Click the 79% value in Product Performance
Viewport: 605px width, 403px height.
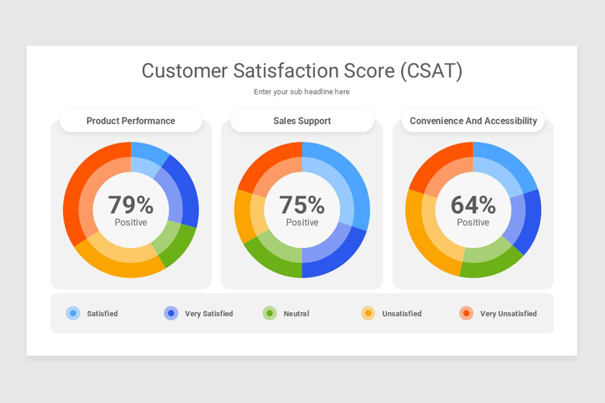(x=131, y=205)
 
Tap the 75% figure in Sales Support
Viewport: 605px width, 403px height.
(x=302, y=205)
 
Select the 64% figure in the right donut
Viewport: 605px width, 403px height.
(x=473, y=205)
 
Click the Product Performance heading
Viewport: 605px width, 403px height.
(x=131, y=121)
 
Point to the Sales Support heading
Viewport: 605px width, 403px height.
(x=302, y=121)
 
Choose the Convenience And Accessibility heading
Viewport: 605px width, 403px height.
(x=473, y=121)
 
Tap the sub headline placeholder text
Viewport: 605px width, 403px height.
(x=301, y=92)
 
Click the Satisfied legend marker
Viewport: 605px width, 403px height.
(x=73, y=313)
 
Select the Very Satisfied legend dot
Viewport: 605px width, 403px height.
(x=171, y=313)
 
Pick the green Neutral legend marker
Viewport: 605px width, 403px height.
(x=270, y=313)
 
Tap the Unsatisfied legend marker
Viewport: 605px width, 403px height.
(x=368, y=313)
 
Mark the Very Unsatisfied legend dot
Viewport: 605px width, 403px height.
(x=466, y=313)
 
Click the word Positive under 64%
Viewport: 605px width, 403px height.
(x=473, y=223)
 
